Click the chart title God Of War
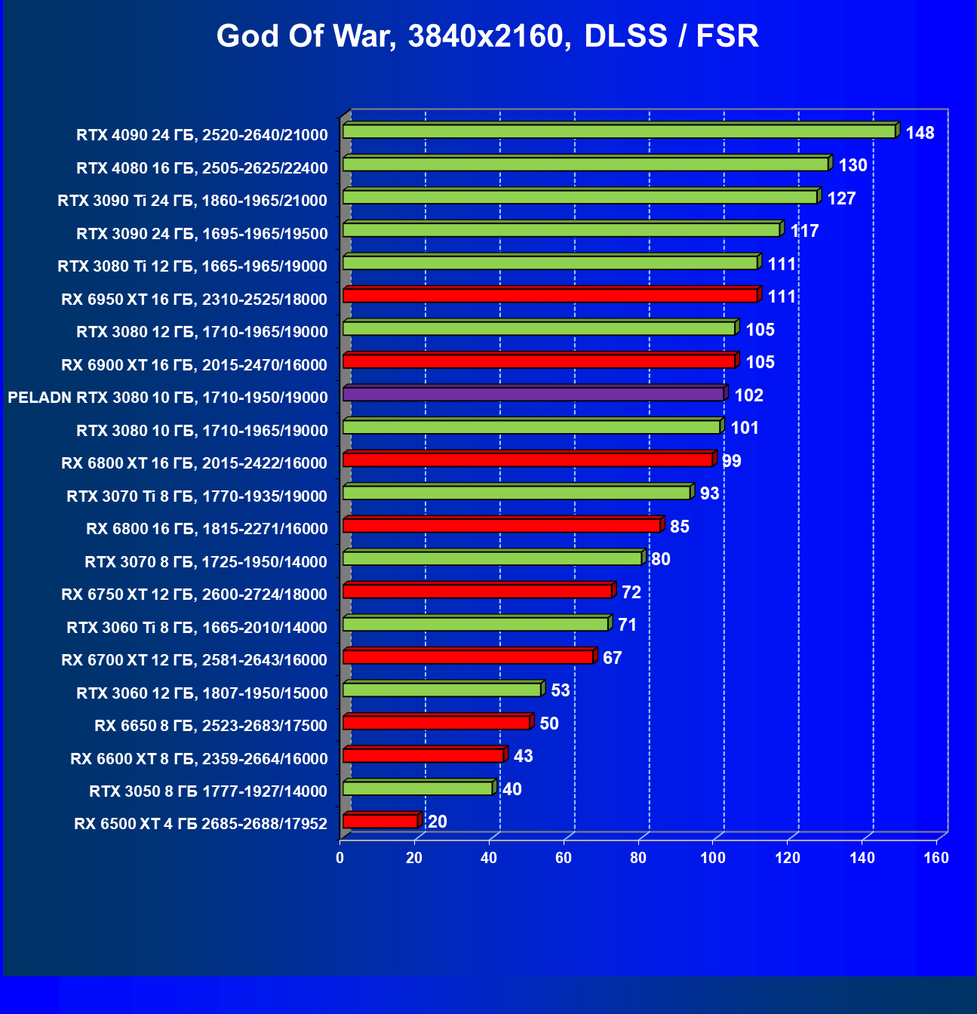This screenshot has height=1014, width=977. [x=487, y=36]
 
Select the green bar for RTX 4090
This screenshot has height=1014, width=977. [x=619, y=131]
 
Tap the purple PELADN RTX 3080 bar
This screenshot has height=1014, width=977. [x=533, y=394]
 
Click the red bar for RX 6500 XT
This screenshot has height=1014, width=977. [x=380, y=821]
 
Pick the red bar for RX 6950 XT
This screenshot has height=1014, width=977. [x=550, y=295]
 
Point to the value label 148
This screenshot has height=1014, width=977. [x=920, y=134]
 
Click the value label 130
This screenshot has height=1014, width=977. [x=853, y=166]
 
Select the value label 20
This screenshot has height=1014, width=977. [x=437, y=822]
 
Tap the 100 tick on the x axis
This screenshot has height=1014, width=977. [x=712, y=858]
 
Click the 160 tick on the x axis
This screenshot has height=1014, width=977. [x=936, y=858]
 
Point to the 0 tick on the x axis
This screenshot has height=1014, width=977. [x=339, y=858]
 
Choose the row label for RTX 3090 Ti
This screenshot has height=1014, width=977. [x=192, y=201]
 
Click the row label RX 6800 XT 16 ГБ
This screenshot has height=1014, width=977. [x=194, y=463]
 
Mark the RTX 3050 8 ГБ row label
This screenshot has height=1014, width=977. [x=207, y=791]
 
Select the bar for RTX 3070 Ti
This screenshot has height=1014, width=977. [x=516, y=493]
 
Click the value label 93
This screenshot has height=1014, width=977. [x=709, y=493]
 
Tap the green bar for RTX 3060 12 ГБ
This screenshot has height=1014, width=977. [x=442, y=690]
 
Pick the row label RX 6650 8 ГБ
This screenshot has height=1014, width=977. [x=210, y=726]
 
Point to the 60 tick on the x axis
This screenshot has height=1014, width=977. [x=563, y=858]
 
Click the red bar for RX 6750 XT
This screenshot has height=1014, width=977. [x=477, y=591]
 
